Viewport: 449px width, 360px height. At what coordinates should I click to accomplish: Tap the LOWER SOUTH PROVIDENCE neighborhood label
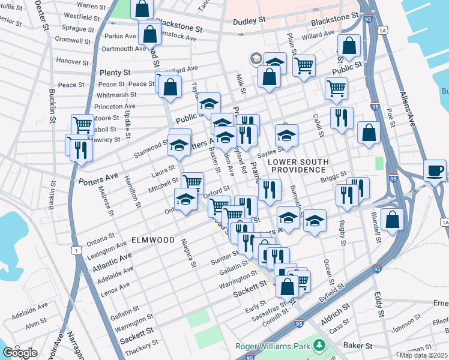coord(298,166)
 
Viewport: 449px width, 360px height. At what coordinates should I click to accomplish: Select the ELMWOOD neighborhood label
coord(152,240)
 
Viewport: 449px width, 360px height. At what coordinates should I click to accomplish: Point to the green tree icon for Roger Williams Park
coord(319,346)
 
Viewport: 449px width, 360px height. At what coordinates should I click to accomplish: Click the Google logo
coord(20,353)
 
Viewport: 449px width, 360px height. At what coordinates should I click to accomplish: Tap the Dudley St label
coord(252,20)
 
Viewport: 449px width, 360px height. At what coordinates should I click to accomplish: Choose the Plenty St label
coord(110,72)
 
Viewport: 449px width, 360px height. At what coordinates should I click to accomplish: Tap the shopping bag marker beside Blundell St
coord(392,220)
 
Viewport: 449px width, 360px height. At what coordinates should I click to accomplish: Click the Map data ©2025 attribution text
coord(424,355)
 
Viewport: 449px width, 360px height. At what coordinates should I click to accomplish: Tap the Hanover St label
coord(73,61)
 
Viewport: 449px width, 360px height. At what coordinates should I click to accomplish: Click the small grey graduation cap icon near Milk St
coord(256,58)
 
